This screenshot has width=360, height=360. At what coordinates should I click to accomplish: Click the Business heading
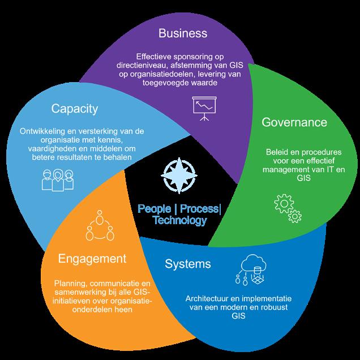pyautogui.click(x=183, y=33)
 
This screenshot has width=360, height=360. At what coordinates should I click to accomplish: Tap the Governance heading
pyautogui.click(x=294, y=122)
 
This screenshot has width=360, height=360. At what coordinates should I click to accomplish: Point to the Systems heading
pyautogui.click(x=188, y=264)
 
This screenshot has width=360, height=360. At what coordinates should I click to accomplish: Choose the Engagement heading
pyautogui.click(x=91, y=259)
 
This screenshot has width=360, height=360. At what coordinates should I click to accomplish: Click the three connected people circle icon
pyautogui.click(x=98, y=225)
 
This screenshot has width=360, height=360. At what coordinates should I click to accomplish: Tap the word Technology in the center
pyautogui.click(x=179, y=220)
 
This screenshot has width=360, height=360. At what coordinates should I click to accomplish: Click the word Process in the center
pyautogui.click(x=200, y=209)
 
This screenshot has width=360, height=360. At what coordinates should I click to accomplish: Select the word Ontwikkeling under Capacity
pyautogui.click(x=42, y=131)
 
